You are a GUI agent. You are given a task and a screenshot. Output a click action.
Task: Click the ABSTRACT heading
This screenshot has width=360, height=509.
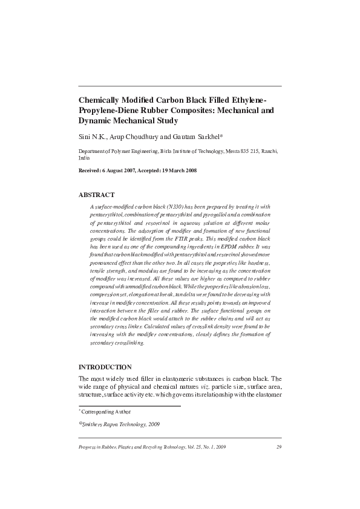point(97,195)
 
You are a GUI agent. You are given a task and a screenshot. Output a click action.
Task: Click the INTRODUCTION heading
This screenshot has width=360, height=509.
point(105,367)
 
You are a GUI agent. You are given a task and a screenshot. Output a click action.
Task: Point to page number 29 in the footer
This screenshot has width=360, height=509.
point(278,447)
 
